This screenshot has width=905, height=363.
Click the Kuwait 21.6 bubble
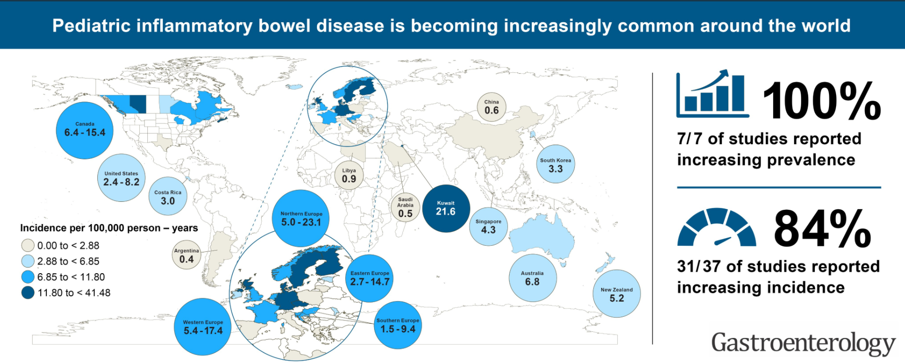pyautogui.click(x=445, y=208)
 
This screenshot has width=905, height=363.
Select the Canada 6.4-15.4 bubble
pyautogui.click(x=85, y=130)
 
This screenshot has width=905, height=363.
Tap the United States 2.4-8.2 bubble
pyautogui.click(x=121, y=178)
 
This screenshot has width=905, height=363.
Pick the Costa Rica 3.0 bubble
pyautogui.click(x=168, y=197)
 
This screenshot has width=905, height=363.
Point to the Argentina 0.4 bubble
pyautogui.click(x=187, y=255)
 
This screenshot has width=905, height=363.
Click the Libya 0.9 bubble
pyautogui.click(x=349, y=175)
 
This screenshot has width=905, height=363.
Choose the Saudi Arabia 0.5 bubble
pyautogui.click(x=405, y=207)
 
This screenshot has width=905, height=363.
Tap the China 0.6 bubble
pyautogui.click(x=491, y=107)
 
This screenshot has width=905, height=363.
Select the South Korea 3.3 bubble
pyautogui.click(x=555, y=164)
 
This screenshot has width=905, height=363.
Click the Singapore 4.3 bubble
pyautogui.click(x=488, y=226)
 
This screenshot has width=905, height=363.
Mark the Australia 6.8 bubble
pyautogui.click(x=532, y=278)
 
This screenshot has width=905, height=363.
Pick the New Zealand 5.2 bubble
pyautogui.click(x=616, y=294)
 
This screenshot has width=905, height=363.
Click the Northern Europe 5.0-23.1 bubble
pyautogui.click(x=301, y=218)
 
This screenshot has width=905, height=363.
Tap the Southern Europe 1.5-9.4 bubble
pyautogui.click(x=398, y=325)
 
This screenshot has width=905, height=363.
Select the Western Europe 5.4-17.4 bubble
pyautogui.click(x=203, y=327)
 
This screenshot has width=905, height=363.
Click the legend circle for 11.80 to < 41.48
pyautogui.click(x=28, y=293)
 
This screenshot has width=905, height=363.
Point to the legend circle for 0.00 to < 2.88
pyautogui.click(x=28, y=245)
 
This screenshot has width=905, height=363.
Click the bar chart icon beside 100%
pyautogui.click(x=712, y=94)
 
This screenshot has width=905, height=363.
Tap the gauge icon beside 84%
pyautogui.click(x=717, y=228)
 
